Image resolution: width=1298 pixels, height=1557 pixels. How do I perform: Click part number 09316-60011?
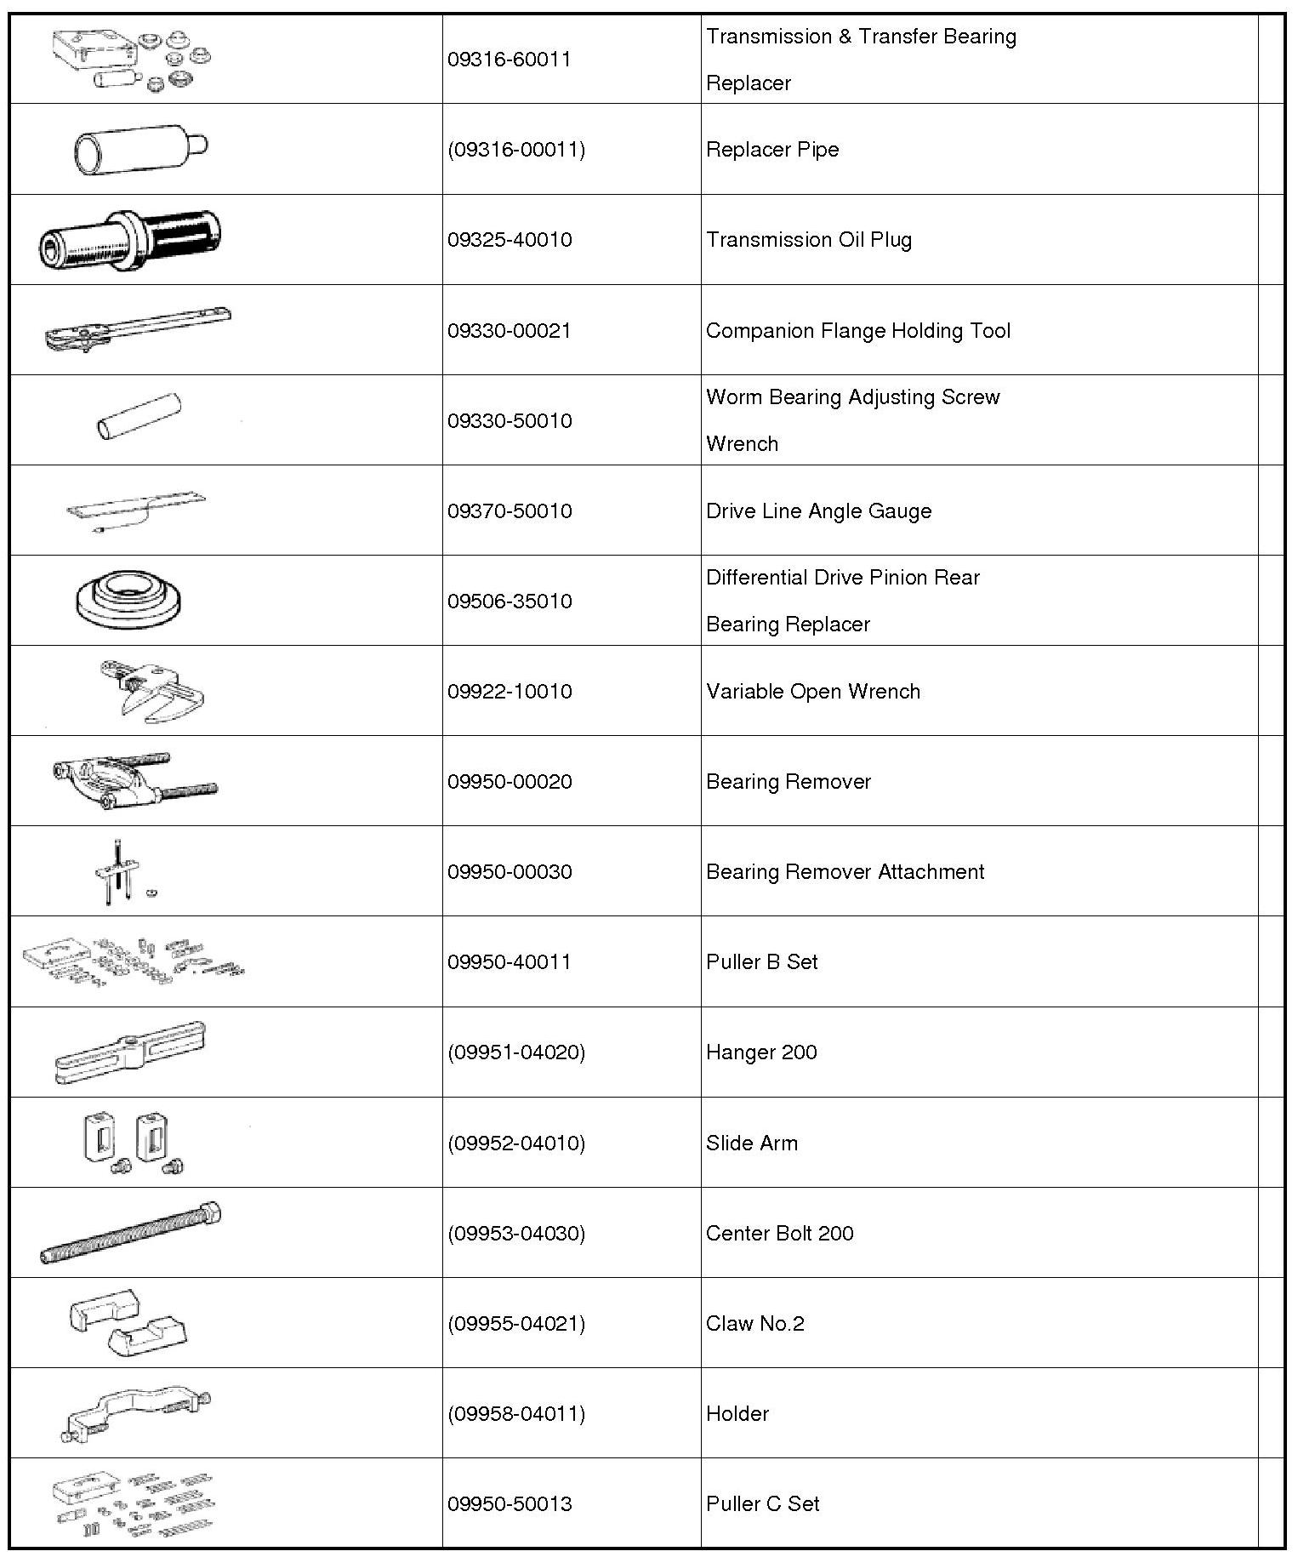pyautogui.click(x=509, y=60)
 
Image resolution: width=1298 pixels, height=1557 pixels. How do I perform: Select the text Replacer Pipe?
pyautogui.click(x=771, y=150)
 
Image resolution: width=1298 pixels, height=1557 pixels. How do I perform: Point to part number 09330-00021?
pyautogui.click(x=509, y=331)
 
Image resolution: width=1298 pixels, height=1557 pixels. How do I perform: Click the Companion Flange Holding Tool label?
pyautogui.click(x=857, y=331)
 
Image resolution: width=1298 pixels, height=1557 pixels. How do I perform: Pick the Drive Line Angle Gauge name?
pyautogui.click(x=818, y=511)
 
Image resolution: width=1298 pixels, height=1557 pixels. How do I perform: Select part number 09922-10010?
pyautogui.click(x=509, y=692)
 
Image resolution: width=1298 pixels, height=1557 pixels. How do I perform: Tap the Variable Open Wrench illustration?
pyautogui.click(x=153, y=691)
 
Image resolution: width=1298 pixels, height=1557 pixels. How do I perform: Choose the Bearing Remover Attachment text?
pyautogui.click(x=845, y=872)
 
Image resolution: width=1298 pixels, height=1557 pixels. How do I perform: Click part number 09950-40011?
pyautogui.click(x=509, y=962)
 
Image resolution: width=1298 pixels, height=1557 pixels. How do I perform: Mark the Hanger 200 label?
pyautogui.click(x=760, y=1052)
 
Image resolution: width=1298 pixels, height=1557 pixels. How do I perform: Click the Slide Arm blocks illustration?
pyautogui.click(x=134, y=1141)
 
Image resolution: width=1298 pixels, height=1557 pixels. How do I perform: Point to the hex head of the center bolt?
pyautogui.click(x=210, y=1212)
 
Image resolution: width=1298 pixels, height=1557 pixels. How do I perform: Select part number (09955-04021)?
pyautogui.click(x=516, y=1324)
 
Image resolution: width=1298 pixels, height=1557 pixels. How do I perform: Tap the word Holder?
pyautogui.click(x=737, y=1414)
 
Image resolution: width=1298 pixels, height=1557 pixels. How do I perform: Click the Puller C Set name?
pyautogui.click(x=762, y=1504)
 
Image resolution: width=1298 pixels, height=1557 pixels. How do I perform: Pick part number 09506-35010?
pyautogui.click(x=509, y=602)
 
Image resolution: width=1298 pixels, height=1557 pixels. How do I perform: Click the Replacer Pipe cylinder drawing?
pyautogui.click(x=140, y=150)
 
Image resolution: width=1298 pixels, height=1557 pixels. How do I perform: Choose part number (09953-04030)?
pyautogui.click(x=516, y=1234)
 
